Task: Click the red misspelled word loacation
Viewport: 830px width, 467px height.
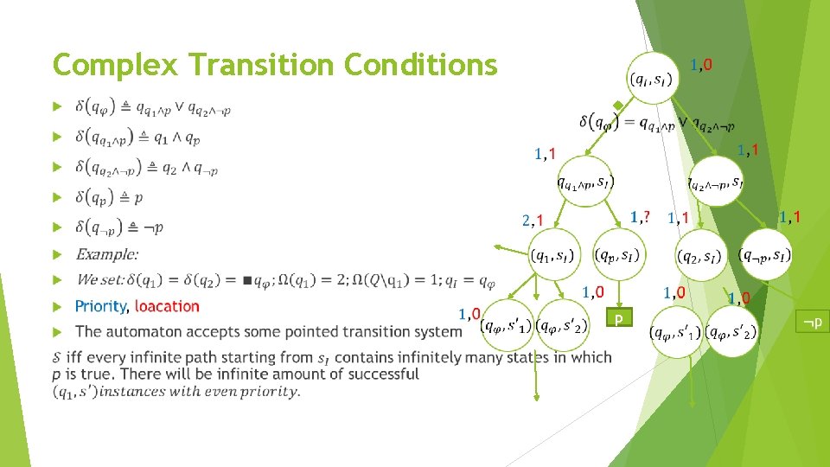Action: tap(167, 306)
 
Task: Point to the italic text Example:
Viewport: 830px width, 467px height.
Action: tap(106, 254)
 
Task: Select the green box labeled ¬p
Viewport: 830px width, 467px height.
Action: tap(812, 323)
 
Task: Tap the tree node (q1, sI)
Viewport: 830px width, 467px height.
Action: tap(554, 255)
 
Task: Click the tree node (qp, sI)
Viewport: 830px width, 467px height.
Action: tap(618, 255)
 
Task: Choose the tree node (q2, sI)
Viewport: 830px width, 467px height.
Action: tap(701, 256)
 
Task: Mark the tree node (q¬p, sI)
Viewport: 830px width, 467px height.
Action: tap(765, 255)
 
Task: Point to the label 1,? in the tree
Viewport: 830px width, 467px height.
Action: tap(641, 216)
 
